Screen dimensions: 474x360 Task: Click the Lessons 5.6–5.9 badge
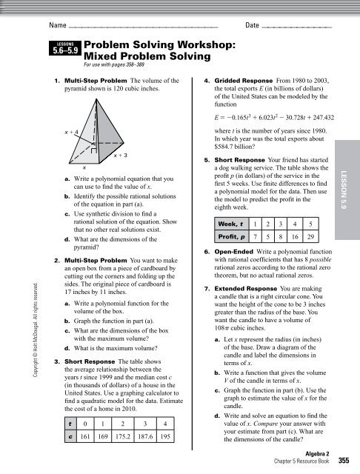click(x=65, y=50)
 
